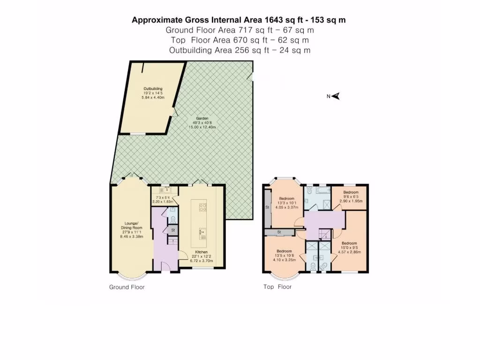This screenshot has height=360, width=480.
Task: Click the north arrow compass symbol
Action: (335, 97)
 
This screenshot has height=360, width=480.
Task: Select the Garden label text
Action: (202, 119)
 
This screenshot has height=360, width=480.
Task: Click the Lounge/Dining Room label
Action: (131, 223)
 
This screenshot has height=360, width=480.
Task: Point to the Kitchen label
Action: (201, 252)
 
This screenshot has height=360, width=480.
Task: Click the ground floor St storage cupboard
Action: (172, 230)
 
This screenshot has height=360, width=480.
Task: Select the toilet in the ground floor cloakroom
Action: (173, 219)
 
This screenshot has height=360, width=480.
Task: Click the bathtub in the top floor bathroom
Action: (323, 191)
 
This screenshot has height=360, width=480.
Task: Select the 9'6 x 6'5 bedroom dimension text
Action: (350, 196)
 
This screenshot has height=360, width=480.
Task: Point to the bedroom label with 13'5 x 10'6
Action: (284, 251)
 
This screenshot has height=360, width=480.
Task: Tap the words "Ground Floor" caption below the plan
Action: (127, 287)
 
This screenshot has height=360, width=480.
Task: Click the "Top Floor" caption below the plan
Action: (277, 286)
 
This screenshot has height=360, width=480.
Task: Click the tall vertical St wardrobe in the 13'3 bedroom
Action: (267, 208)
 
